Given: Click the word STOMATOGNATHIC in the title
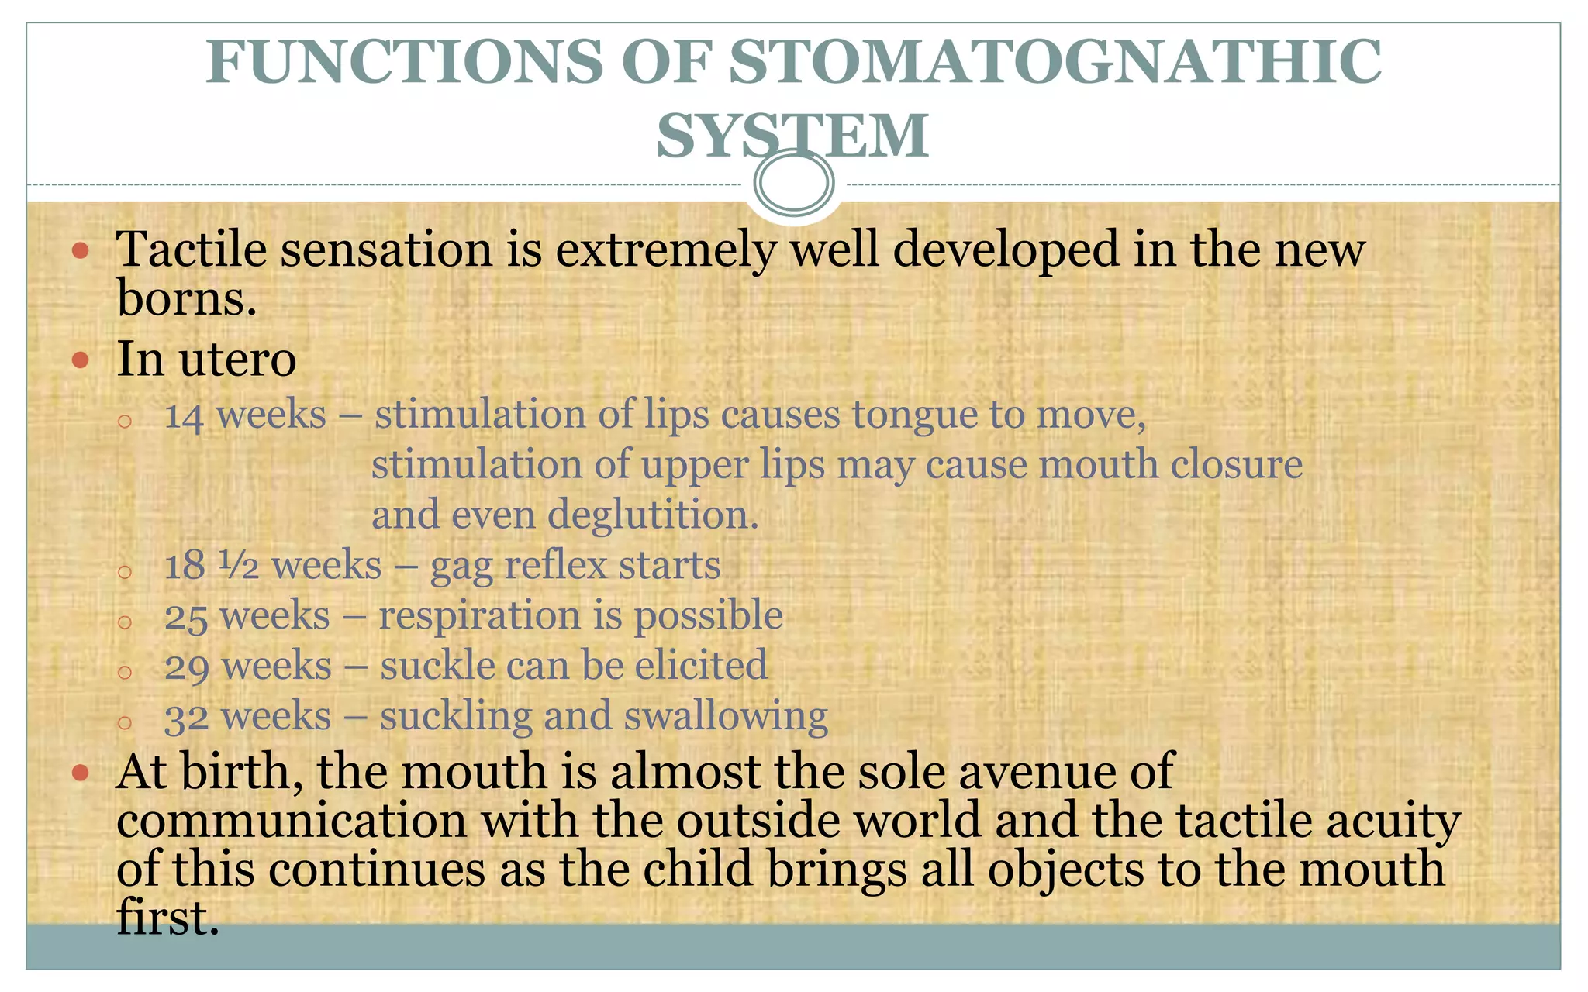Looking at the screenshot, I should [x=1055, y=62].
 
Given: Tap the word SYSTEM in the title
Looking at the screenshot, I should [x=792, y=136].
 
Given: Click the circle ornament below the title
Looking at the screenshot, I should [x=794, y=183].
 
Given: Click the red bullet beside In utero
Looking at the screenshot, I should [x=81, y=360].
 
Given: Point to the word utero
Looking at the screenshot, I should [x=237, y=360].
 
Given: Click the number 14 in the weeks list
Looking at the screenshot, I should [x=185, y=416].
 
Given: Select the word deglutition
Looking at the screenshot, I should [x=653, y=515].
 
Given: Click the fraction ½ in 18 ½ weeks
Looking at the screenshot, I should [x=239, y=565].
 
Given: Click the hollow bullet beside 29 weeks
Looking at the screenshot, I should [x=125, y=671].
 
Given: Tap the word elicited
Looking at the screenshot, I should [x=701, y=666].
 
